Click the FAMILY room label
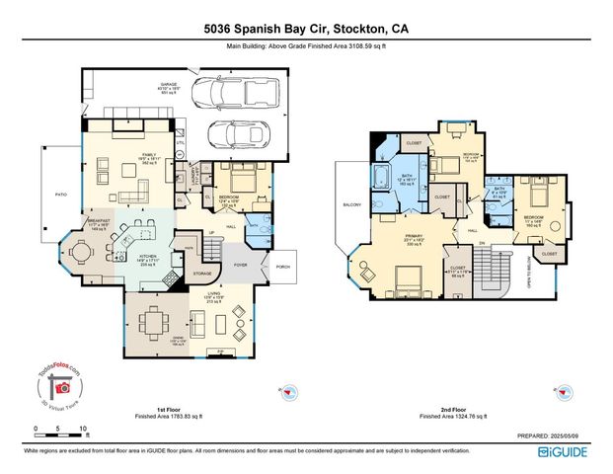click(149, 155)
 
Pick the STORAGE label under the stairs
click(202, 274)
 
